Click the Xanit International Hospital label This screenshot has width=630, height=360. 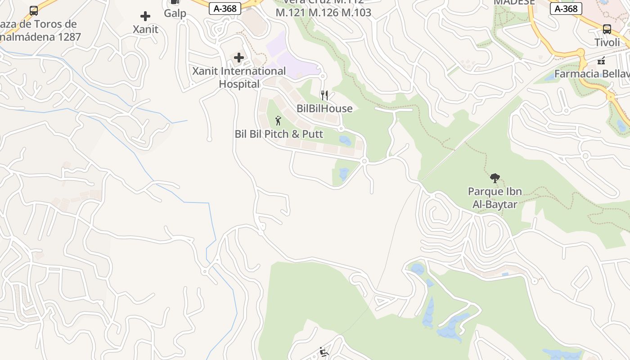[239, 77]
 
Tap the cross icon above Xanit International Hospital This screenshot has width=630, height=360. [239, 58]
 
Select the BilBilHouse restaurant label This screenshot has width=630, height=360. [324, 108]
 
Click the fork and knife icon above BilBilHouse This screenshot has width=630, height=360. [324, 95]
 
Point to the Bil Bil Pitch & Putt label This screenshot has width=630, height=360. [279, 134]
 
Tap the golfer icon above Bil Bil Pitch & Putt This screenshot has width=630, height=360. [278, 121]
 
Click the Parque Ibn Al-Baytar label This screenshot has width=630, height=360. [495, 198]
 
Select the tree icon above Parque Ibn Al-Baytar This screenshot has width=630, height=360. [495, 178]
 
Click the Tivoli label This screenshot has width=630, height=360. [607, 42]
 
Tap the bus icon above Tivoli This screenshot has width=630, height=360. [607, 29]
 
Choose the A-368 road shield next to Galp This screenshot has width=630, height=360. [225, 9]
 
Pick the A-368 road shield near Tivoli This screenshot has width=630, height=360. [566, 9]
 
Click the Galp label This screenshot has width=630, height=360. [175, 13]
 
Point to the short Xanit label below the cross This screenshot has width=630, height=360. [145, 29]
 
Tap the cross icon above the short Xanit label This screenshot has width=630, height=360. [145, 17]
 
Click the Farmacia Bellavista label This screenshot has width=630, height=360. [592, 74]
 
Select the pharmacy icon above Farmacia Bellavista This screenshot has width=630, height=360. [601, 61]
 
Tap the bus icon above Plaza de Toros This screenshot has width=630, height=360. [34, 11]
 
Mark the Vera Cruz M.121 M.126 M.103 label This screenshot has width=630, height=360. [323, 12]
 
